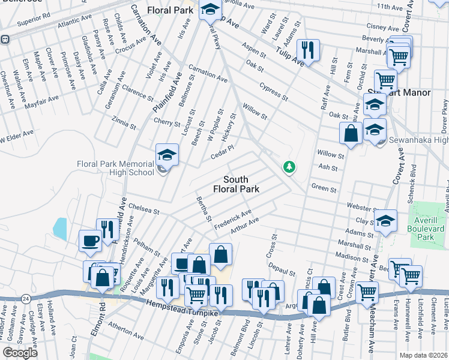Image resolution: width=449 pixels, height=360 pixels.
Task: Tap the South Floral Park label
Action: pos(241,184)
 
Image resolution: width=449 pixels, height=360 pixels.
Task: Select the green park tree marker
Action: pos(289,166)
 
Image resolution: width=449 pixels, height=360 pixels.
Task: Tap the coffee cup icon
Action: pos(90,241)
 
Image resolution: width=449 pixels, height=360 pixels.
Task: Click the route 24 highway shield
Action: pos(25,298)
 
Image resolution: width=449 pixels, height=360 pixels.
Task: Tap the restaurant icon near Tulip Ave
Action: pos(309,50)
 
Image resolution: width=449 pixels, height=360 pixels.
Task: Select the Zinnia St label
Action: pos(124,122)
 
